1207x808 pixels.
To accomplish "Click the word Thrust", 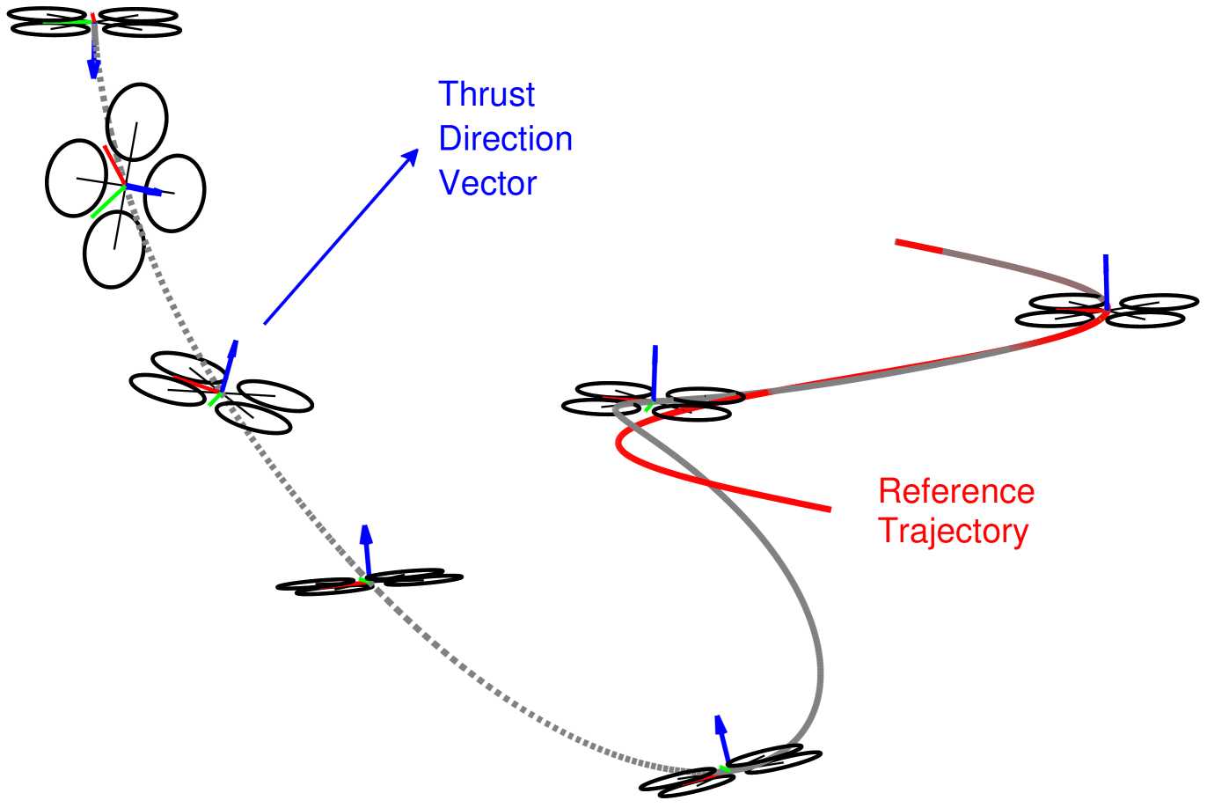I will tap(486, 94).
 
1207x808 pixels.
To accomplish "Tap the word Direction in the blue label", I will tap(505, 139).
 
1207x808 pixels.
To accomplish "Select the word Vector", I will tap(487, 183).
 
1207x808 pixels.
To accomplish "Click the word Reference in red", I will tap(956, 491).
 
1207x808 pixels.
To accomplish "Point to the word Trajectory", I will tap(953, 532).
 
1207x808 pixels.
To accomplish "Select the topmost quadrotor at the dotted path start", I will tap(95, 22).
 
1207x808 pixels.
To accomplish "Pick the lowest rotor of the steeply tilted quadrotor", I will tap(114, 249).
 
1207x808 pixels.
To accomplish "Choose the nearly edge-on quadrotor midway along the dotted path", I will tap(369, 583).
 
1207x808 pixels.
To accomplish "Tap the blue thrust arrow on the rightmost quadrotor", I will tap(1106, 280).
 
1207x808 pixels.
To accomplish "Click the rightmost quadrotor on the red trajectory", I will tap(1107, 310).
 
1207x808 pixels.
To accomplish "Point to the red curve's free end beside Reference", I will tap(827, 509).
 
